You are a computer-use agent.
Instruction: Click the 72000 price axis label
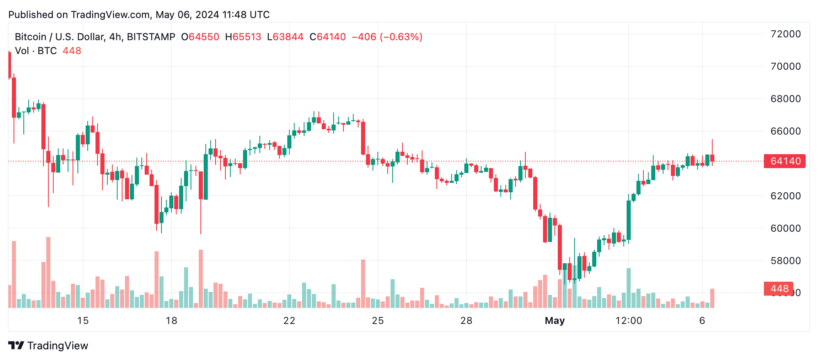click(x=785, y=34)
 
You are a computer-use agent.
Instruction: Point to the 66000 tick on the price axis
click(x=785, y=131)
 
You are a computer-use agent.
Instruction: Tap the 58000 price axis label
click(x=785, y=261)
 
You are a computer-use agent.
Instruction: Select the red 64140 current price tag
click(x=785, y=161)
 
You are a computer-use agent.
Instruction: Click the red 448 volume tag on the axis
click(x=779, y=289)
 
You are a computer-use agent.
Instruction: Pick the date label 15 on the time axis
click(x=83, y=321)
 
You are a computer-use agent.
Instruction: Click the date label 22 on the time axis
click(x=289, y=321)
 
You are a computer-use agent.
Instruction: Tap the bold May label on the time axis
click(x=554, y=321)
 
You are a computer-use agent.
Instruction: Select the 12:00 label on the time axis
click(x=629, y=321)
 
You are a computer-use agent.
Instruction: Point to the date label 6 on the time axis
click(x=702, y=321)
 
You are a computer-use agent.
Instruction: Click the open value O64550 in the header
click(x=200, y=37)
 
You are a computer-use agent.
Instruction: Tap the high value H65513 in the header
click(x=243, y=37)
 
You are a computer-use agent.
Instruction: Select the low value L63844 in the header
click(x=285, y=37)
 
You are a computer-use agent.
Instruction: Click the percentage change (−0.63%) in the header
click(x=401, y=37)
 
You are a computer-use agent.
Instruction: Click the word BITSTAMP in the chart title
click(x=151, y=37)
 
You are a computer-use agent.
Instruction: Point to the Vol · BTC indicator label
click(x=36, y=51)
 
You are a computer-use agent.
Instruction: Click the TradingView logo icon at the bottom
click(x=16, y=346)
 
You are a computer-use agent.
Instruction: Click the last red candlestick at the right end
click(x=712, y=158)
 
